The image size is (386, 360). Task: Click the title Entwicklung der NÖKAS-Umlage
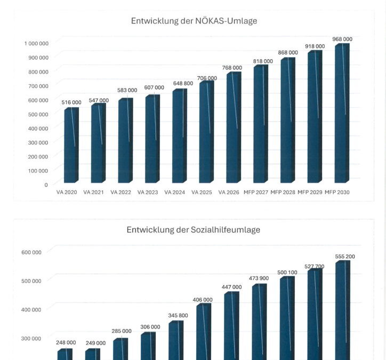[194, 21]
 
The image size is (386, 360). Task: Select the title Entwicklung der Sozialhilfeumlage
[193, 230]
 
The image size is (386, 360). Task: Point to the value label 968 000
[342, 39]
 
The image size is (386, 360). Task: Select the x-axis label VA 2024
[175, 192]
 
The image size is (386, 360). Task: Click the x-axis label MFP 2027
[256, 192]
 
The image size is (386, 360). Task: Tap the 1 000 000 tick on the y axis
[35, 43]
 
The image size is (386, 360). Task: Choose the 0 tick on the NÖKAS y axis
[46, 185]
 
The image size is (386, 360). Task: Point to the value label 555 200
[345, 257]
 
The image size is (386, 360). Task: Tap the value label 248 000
[66, 342]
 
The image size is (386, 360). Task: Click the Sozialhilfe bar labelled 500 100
[287, 318]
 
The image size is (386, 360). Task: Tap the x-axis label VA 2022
[121, 192]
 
